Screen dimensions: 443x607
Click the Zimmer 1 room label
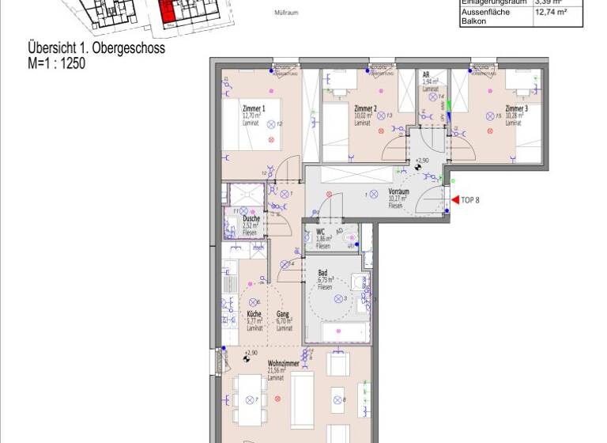tap(253, 108)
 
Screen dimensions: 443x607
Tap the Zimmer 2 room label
tap(364, 108)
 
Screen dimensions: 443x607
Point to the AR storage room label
tap(427, 74)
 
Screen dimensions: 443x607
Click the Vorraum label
tap(399, 192)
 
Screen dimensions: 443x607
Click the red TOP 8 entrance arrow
tap(454, 200)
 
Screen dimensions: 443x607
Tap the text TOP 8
tap(470, 200)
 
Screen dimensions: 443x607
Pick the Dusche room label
tap(251, 219)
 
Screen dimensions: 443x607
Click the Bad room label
tap(322, 273)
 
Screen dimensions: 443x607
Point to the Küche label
tap(254, 315)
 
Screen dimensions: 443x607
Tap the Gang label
tap(282, 315)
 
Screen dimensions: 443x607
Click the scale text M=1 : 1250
tap(56, 62)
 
